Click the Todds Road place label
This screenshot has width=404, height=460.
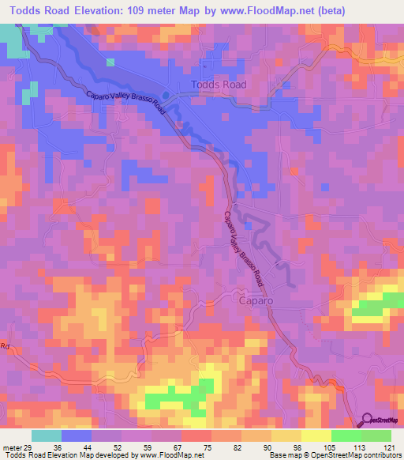click(219, 85)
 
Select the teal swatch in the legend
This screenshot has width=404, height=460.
click(47, 435)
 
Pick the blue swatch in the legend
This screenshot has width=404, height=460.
click(77, 435)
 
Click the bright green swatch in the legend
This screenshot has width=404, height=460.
click(346, 435)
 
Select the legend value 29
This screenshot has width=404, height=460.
click(32, 447)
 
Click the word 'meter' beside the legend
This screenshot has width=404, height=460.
click(12, 447)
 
